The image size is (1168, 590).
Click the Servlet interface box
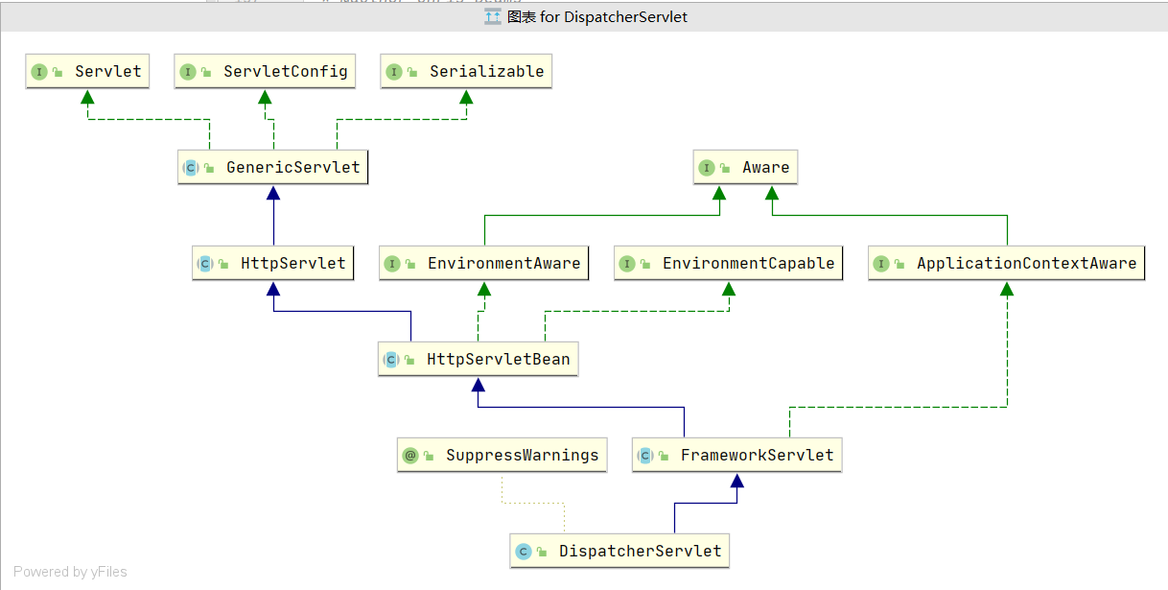pyautogui.click(x=87, y=72)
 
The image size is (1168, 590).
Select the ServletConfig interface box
pyautogui.click(x=265, y=72)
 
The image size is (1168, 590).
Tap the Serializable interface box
pyautogui.click(x=466, y=72)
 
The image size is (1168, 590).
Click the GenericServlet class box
pyautogui.click(x=274, y=168)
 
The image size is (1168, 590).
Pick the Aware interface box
pyautogui.click(x=745, y=168)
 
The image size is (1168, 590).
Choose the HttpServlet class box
pyautogui.click(x=273, y=264)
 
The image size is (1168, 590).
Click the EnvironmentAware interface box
pyautogui.click(x=483, y=264)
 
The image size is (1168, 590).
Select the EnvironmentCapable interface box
pyautogui.click(x=729, y=264)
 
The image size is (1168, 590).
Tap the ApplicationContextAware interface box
pyautogui.click(x=1006, y=264)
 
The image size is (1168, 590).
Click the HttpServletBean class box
pyautogui.click(x=479, y=360)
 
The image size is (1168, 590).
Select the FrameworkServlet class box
pyautogui.click(x=736, y=456)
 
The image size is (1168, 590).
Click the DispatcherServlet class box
pyautogui.click(x=619, y=552)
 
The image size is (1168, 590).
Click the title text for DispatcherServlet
pyautogui.click(x=597, y=17)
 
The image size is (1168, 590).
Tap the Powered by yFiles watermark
pyautogui.click(x=70, y=572)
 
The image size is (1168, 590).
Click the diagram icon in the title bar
pyautogui.click(x=493, y=17)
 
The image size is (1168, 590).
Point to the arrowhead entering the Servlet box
pyautogui.click(x=87, y=96)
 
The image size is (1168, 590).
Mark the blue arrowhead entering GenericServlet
pyautogui.click(x=274, y=192)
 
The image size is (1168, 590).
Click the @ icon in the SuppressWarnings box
pyautogui.click(x=410, y=456)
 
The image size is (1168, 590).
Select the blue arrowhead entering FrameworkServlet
pyautogui.click(x=736, y=480)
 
